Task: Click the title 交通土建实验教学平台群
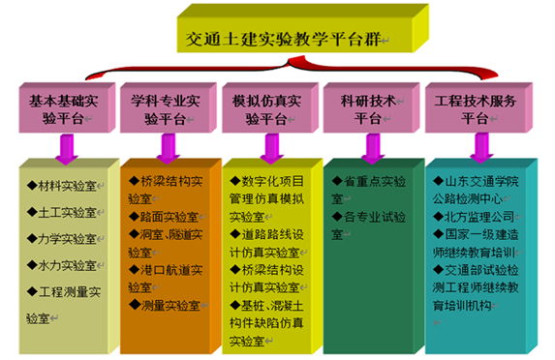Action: tap(283, 39)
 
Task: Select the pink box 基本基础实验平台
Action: tap(67, 107)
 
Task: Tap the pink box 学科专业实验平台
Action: tap(169, 107)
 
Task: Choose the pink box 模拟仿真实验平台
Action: tap(270, 107)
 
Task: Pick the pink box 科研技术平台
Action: tap(371, 107)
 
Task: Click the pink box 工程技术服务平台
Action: tap(478, 107)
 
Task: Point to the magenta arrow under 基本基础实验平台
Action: tap(67, 149)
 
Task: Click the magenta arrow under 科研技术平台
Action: tap(373, 149)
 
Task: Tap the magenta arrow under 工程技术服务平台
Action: tap(481, 148)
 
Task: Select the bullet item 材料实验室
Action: tap(62, 186)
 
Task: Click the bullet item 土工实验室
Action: tap(62, 212)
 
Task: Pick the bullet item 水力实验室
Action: tap(62, 265)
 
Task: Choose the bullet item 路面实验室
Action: tap(164, 217)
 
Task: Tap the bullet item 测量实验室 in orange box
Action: tap(165, 306)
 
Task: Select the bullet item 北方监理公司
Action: tap(474, 217)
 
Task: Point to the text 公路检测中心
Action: tap(468, 199)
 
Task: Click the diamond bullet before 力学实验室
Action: tap(32, 238)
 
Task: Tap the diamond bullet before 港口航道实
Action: tap(134, 270)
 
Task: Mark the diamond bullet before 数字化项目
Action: tap(235, 181)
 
